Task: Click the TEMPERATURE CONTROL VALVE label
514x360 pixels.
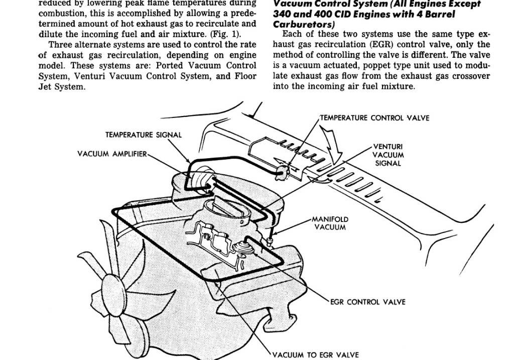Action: (x=375, y=118)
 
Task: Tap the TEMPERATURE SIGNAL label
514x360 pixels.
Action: (x=144, y=135)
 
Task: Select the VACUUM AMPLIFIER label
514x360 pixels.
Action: (x=112, y=154)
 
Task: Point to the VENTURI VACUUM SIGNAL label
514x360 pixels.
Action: (x=388, y=155)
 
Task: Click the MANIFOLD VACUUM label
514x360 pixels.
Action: (x=330, y=223)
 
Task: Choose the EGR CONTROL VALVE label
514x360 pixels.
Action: (x=368, y=302)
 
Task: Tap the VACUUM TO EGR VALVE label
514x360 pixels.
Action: (x=316, y=355)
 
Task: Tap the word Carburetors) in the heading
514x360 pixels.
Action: (x=300, y=24)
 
